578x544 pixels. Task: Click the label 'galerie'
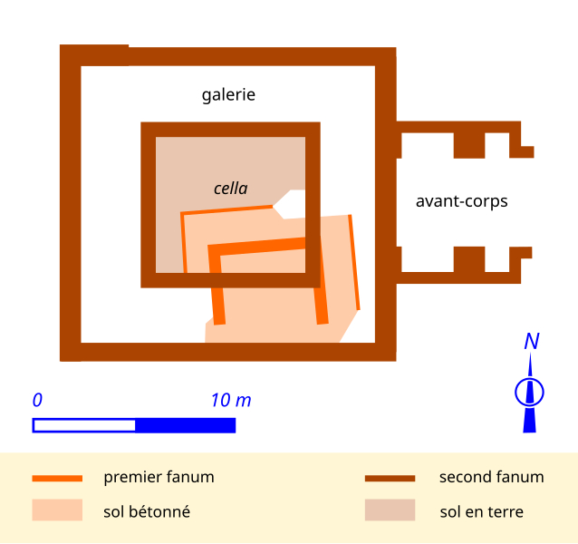tap(228, 94)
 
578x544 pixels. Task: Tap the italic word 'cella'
tap(230, 189)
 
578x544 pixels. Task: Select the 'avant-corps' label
tap(461, 201)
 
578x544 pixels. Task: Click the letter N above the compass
tap(532, 342)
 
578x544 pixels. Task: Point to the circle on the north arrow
tap(529, 392)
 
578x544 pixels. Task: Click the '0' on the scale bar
tap(37, 400)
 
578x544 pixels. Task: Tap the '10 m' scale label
tap(231, 400)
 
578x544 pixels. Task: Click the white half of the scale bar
tap(84, 425)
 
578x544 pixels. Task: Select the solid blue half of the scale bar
tap(186, 425)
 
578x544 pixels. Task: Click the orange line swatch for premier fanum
tap(57, 478)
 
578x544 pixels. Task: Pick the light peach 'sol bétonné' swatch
tap(57, 510)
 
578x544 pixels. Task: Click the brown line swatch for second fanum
tap(390, 478)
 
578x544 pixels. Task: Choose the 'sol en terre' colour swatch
tap(390, 510)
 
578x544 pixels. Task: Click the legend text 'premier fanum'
tap(159, 477)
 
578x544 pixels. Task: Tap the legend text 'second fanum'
tap(491, 477)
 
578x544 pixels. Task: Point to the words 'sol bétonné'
tap(147, 511)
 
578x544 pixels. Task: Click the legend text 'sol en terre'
tap(481, 511)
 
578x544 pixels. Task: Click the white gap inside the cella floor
tap(292, 204)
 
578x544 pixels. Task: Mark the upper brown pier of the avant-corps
tap(469, 144)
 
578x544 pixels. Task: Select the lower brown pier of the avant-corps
tap(469, 259)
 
